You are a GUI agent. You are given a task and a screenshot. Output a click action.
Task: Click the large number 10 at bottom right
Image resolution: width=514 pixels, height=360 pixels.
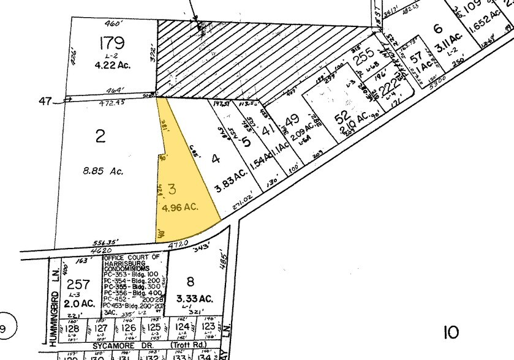coord(451,332)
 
